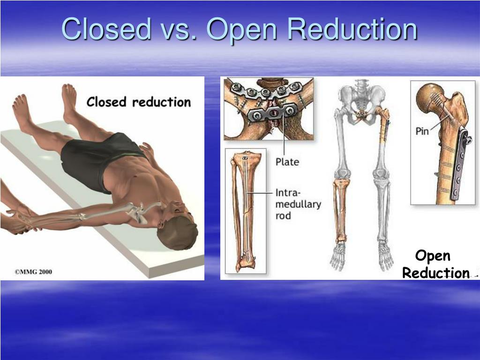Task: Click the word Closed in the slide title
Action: point(106,29)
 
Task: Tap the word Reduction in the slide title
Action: point(352,29)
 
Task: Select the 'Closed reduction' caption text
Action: point(138,102)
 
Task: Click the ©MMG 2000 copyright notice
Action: point(33,271)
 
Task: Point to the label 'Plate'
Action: point(287,162)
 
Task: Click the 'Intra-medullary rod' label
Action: point(298,204)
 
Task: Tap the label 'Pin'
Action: point(422,131)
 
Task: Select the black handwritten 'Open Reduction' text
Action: point(435,264)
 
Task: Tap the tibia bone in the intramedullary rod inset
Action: point(244,211)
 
